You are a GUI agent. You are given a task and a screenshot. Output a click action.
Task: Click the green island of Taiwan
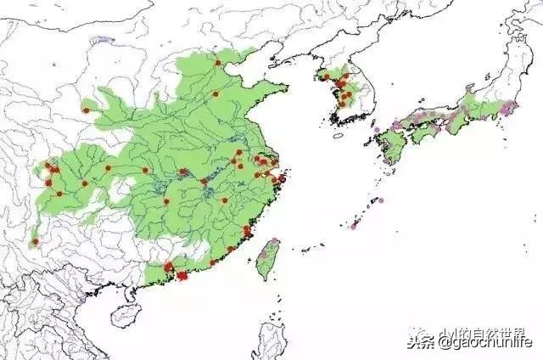(x=269, y=258)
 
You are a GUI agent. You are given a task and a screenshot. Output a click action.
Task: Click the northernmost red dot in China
(x=218, y=62)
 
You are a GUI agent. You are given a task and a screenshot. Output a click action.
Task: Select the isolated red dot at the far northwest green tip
(x=85, y=109)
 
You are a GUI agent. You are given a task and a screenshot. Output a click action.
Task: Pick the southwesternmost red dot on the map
(x=35, y=242)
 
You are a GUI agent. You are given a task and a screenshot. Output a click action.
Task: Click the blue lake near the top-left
(x=102, y=40)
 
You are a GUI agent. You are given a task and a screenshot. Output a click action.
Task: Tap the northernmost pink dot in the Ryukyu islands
(x=380, y=200)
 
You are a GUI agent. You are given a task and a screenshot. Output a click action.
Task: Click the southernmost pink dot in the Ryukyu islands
(x=352, y=227)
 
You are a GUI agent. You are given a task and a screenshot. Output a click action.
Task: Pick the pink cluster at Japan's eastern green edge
(x=508, y=107)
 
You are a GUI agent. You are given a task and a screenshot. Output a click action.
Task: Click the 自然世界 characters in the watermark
(x=495, y=333)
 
